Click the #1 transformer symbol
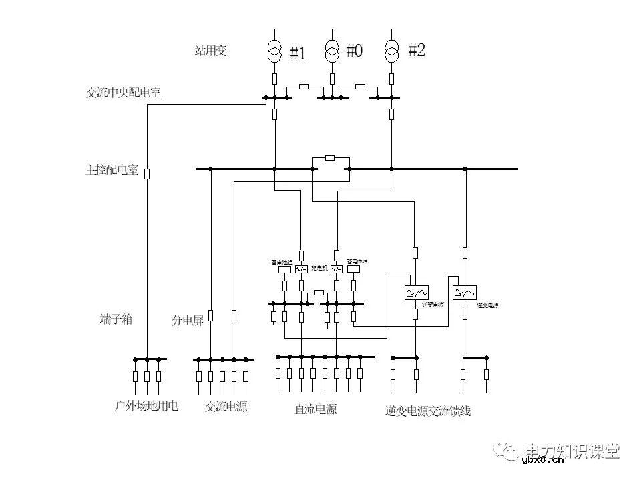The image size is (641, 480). click(274, 51)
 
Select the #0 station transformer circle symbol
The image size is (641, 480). click(333, 49)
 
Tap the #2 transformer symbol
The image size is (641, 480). click(391, 49)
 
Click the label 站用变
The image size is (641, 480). click(211, 51)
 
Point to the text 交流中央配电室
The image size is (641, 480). click(124, 93)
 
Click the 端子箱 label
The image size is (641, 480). click(116, 319)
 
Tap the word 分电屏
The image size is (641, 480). click(188, 321)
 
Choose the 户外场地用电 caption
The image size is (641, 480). click(147, 405)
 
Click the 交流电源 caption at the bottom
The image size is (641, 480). click(226, 406)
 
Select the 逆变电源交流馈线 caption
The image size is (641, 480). click(428, 411)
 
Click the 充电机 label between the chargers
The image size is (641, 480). click(319, 269)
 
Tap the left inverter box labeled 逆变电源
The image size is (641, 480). click(416, 293)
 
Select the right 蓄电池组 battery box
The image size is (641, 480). click(353, 269)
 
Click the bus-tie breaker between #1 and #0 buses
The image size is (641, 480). click(304, 87)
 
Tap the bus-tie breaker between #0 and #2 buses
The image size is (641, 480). click(361, 87)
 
